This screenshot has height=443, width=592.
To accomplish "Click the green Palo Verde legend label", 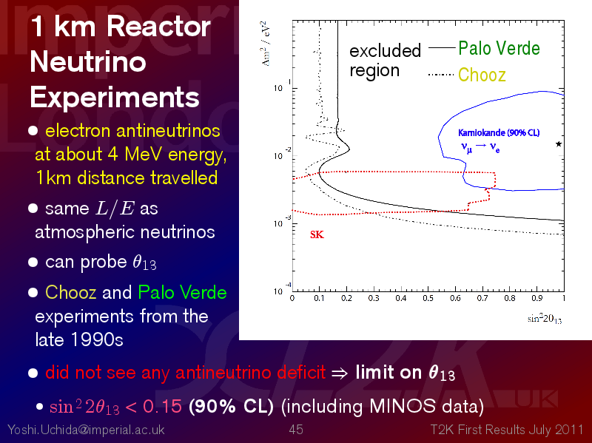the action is (x=499, y=49).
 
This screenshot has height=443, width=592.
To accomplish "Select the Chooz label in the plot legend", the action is (x=482, y=75).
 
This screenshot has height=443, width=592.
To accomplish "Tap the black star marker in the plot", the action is (x=559, y=143).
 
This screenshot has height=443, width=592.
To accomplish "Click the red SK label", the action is (x=317, y=234).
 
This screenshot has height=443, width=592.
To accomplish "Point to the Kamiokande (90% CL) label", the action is (x=499, y=133).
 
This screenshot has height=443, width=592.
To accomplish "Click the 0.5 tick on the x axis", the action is (x=428, y=299).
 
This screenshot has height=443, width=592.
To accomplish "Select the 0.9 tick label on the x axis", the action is (x=537, y=299).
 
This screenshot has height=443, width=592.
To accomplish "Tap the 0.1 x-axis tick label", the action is (x=319, y=299).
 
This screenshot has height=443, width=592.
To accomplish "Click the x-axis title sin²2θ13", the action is (x=545, y=319).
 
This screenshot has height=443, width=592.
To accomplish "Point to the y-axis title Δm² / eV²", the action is (x=266, y=44).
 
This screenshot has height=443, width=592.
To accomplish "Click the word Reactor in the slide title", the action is (x=158, y=27).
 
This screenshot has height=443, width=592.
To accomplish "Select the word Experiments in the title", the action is (x=115, y=98).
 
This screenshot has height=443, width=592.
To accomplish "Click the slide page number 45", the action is (x=296, y=430).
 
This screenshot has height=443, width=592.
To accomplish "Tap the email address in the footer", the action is (x=86, y=430).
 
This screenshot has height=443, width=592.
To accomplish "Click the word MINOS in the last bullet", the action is (x=402, y=407).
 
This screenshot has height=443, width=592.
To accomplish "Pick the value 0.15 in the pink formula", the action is (x=162, y=407).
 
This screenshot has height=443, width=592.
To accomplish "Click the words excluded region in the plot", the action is (x=385, y=61).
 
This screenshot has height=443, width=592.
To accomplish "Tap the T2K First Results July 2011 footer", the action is (x=507, y=430).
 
